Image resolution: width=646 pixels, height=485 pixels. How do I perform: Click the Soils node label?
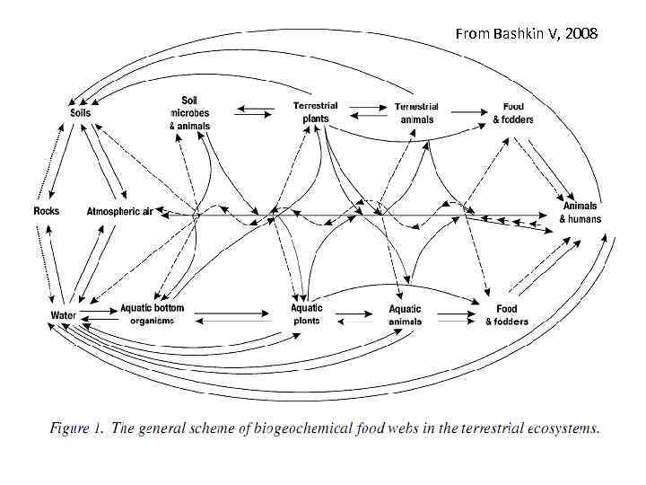80,112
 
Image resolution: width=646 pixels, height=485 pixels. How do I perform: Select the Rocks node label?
46,211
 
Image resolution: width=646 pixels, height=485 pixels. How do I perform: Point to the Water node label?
63,315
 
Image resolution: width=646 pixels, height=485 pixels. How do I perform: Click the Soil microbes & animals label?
189,112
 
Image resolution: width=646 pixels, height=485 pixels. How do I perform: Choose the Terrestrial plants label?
315,111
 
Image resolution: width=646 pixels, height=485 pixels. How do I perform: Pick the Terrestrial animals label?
417,112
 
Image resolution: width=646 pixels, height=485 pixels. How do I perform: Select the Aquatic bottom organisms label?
152,314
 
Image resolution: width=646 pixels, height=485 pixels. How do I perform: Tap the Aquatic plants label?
307,314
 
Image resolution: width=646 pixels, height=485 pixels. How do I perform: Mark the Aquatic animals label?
405,315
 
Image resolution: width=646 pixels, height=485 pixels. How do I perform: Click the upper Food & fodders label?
513,112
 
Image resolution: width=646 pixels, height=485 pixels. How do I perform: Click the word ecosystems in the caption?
553,428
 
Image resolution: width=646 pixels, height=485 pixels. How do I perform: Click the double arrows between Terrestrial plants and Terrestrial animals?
367,112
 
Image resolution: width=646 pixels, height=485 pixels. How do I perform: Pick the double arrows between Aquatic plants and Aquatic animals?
355,315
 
